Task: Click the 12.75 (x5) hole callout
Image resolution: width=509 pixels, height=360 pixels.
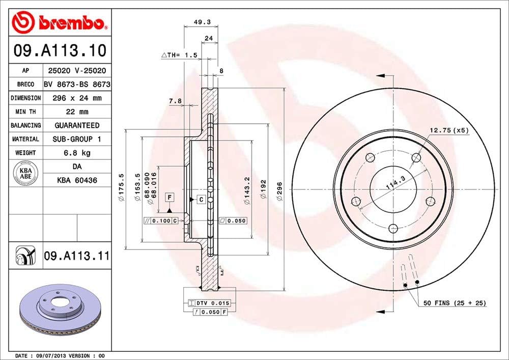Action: [x=448, y=130]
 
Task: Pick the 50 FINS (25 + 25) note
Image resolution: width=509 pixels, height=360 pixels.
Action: [x=455, y=303]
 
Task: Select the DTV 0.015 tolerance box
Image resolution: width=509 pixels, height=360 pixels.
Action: [x=210, y=303]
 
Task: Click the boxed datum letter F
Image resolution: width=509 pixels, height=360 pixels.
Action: [x=169, y=197]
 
